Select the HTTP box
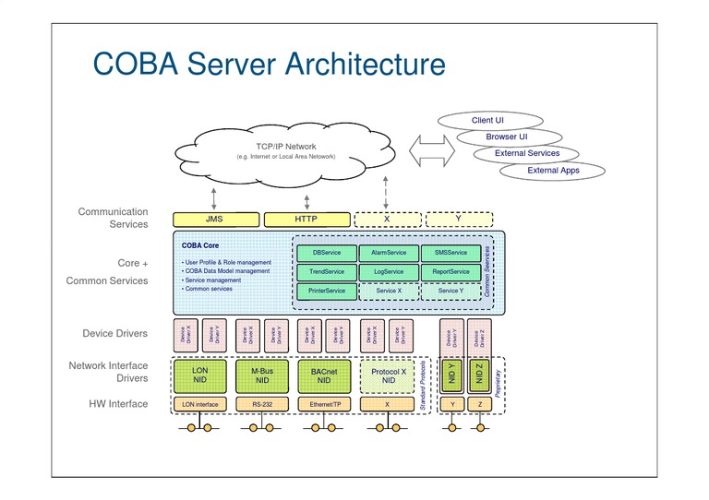click(x=306, y=220)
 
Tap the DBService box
click(x=328, y=253)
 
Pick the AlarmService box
click(x=390, y=253)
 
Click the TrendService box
click(x=328, y=272)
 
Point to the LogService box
click(x=390, y=272)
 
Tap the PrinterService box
click(x=328, y=292)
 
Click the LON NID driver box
click(x=200, y=375)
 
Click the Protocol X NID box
click(x=388, y=375)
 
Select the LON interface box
click(x=200, y=404)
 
